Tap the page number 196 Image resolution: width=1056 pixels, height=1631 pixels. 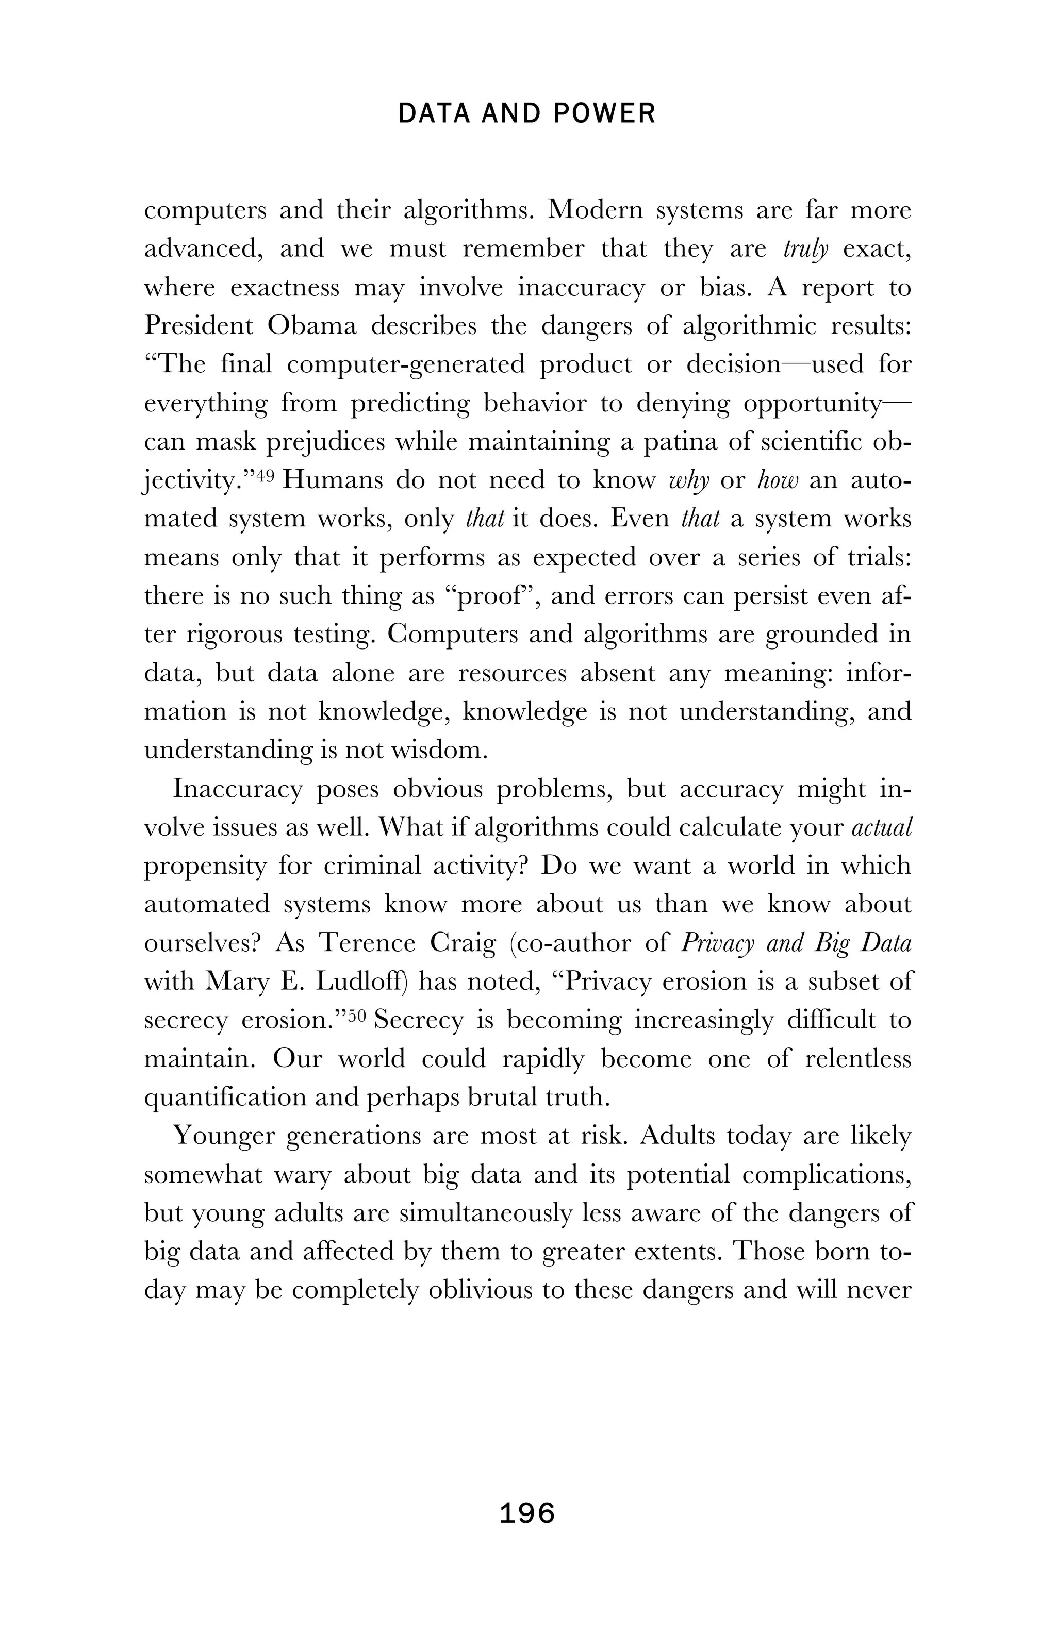tap(527, 1512)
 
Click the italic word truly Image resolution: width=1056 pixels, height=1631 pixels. tap(805, 249)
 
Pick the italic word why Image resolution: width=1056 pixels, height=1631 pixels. tap(689, 481)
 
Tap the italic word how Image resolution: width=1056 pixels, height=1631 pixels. tap(778, 481)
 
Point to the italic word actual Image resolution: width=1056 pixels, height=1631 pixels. tap(881, 828)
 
